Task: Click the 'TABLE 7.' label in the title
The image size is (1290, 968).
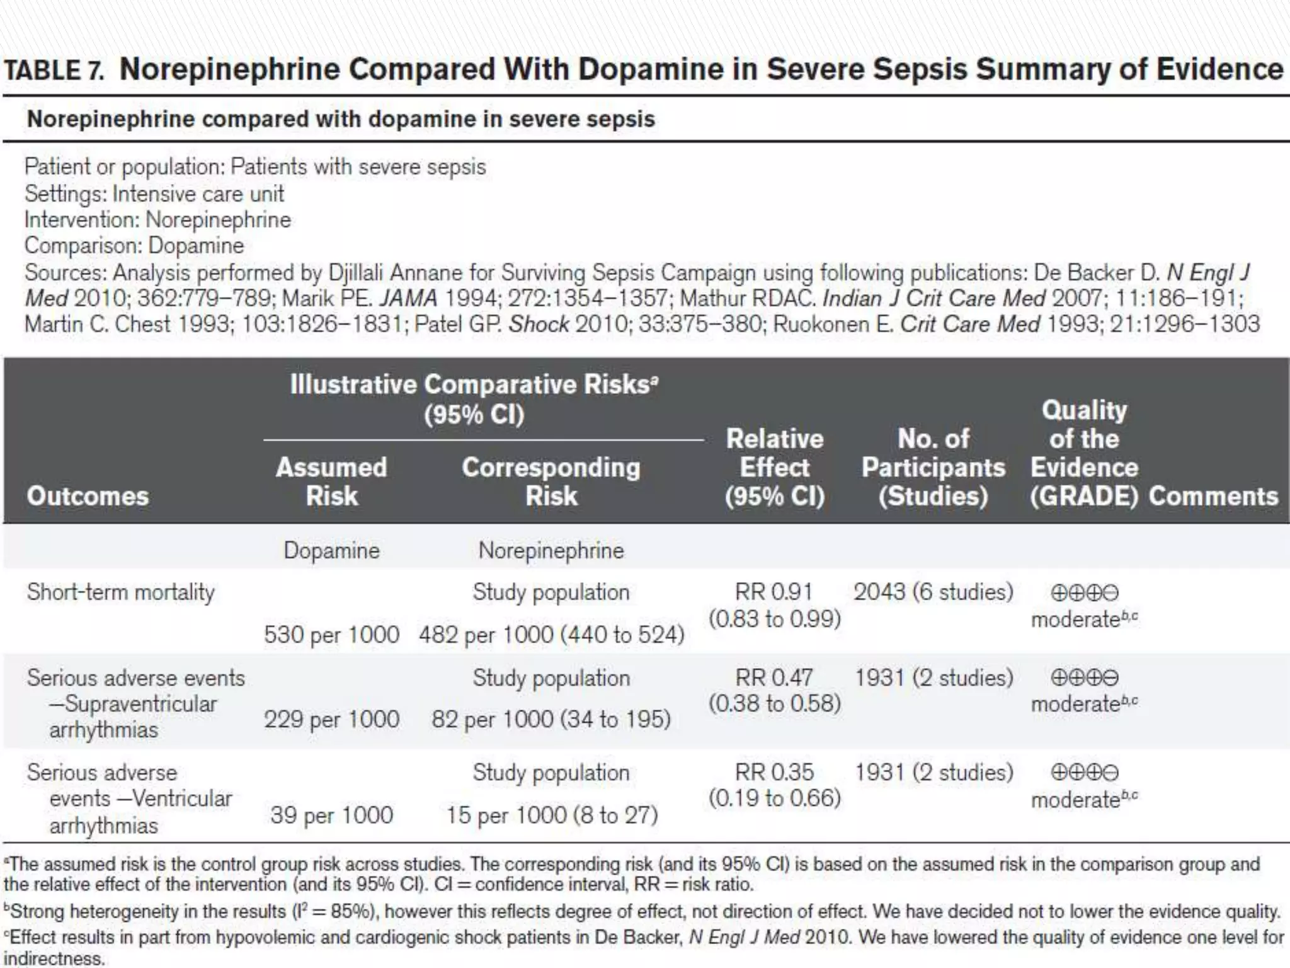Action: pyautogui.click(x=54, y=71)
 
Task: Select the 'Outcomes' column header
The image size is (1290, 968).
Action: pyautogui.click(x=88, y=496)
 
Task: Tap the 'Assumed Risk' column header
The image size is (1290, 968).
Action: pyautogui.click(x=331, y=481)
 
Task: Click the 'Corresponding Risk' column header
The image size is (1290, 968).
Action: pyautogui.click(x=551, y=481)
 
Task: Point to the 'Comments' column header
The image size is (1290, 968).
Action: pyautogui.click(x=1213, y=496)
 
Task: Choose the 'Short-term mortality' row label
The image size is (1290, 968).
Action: pyautogui.click(x=120, y=592)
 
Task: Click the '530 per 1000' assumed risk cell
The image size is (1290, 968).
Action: pyautogui.click(x=331, y=634)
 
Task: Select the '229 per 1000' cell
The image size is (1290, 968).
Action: pyautogui.click(x=331, y=719)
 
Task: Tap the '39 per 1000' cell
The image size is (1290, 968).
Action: pyautogui.click(x=331, y=815)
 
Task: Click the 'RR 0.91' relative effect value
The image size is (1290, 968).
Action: pyautogui.click(x=774, y=592)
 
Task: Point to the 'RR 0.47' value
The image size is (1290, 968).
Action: pyautogui.click(x=774, y=677)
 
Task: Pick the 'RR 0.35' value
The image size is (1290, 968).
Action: pyautogui.click(x=774, y=772)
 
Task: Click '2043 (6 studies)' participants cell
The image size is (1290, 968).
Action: pyautogui.click(x=933, y=592)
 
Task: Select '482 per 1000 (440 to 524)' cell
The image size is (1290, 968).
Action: pyautogui.click(x=551, y=634)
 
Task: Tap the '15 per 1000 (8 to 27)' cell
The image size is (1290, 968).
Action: pyautogui.click(x=552, y=815)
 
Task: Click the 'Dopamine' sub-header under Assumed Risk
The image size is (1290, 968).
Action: pyautogui.click(x=331, y=550)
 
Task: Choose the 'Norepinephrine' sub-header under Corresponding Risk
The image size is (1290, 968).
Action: pyautogui.click(x=551, y=550)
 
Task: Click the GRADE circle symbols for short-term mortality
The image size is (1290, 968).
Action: pyautogui.click(x=1084, y=593)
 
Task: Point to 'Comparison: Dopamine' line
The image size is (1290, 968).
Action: pyautogui.click(x=134, y=246)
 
